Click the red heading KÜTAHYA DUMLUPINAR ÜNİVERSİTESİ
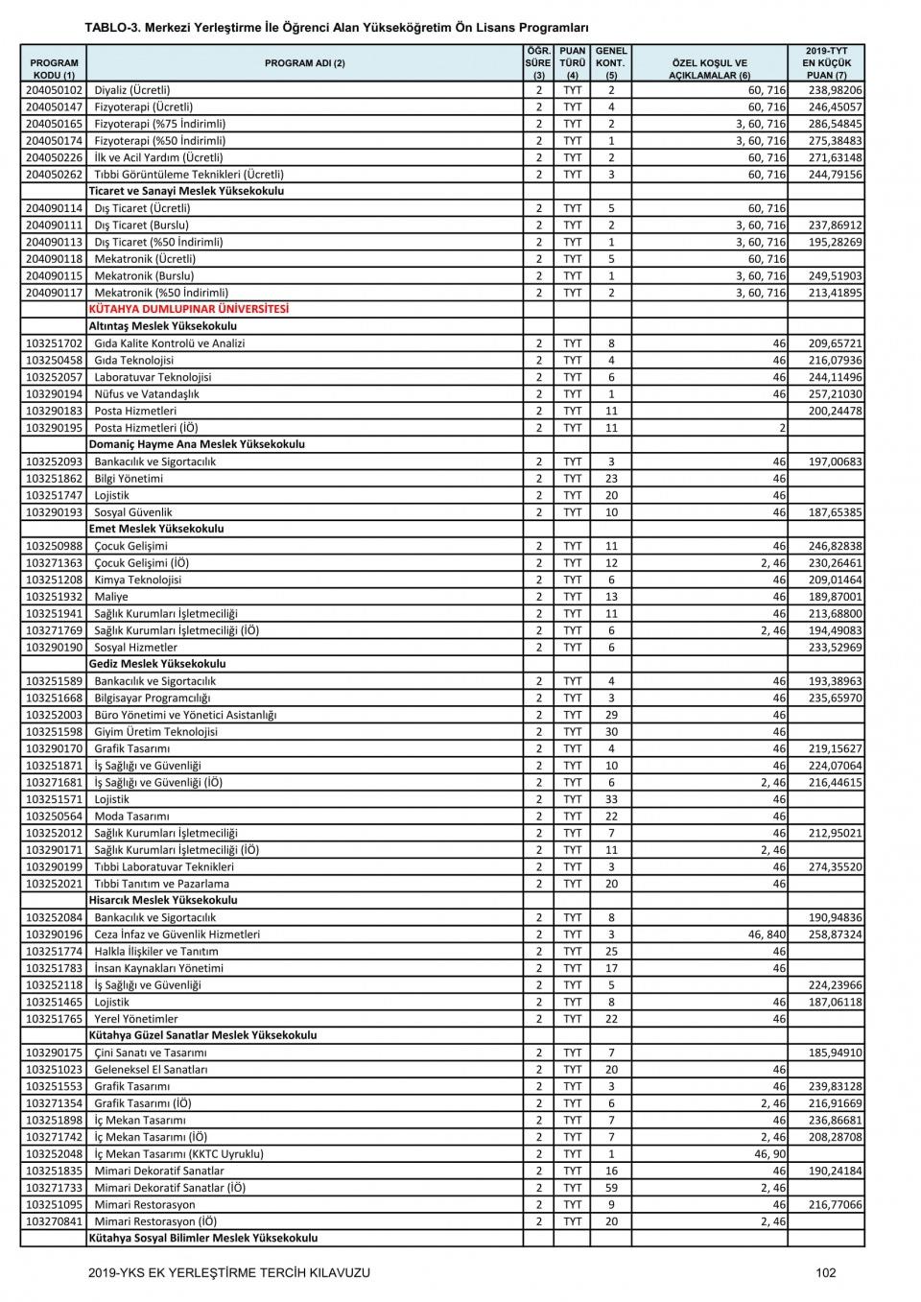point(188,309)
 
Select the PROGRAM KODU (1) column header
point(54,68)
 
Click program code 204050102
point(54,90)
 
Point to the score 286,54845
point(835,124)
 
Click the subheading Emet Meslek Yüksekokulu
point(156,529)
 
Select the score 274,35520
point(835,866)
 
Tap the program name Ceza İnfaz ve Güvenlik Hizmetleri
point(177,934)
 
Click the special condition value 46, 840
point(767,934)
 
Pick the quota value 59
point(611,1187)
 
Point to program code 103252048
point(54,1153)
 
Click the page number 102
point(825,1272)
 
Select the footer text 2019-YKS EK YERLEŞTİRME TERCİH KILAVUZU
point(228,1272)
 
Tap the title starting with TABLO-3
point(337,28)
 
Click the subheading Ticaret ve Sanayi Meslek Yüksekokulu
point(186,191)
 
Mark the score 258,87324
point(835,934)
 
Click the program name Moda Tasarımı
point(131,816)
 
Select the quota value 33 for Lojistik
point(611,798)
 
